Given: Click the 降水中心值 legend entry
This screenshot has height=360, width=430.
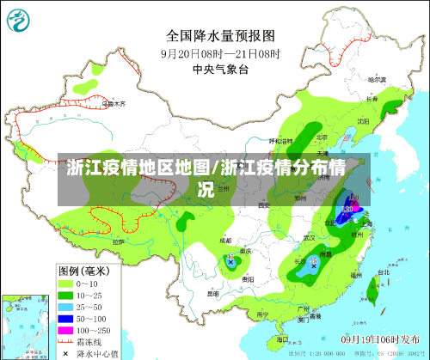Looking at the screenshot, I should tap(90, 352).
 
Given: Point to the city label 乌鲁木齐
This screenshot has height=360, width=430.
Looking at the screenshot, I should tap(114, 104).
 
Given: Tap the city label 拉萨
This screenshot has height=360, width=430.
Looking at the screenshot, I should tap(118, 242).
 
